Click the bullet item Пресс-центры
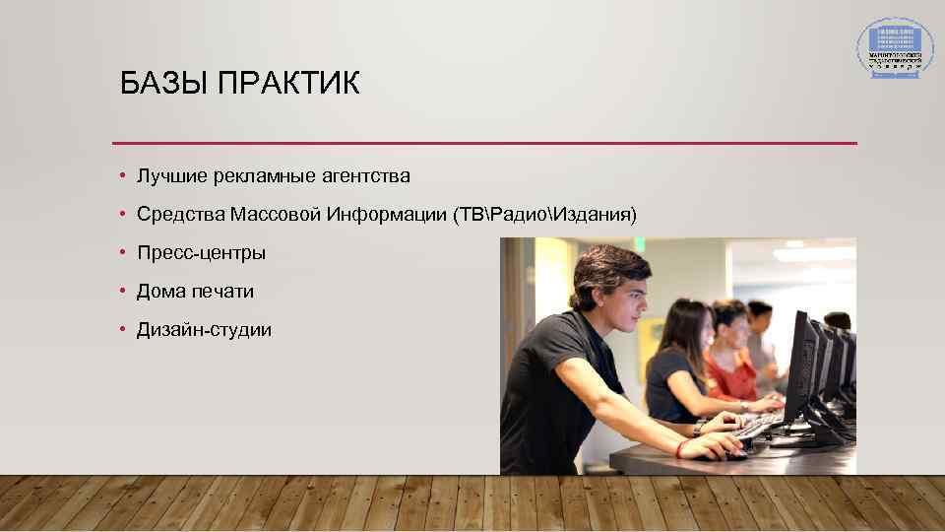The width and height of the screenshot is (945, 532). pos(201,253)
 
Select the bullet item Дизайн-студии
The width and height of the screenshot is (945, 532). pos(204,330)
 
